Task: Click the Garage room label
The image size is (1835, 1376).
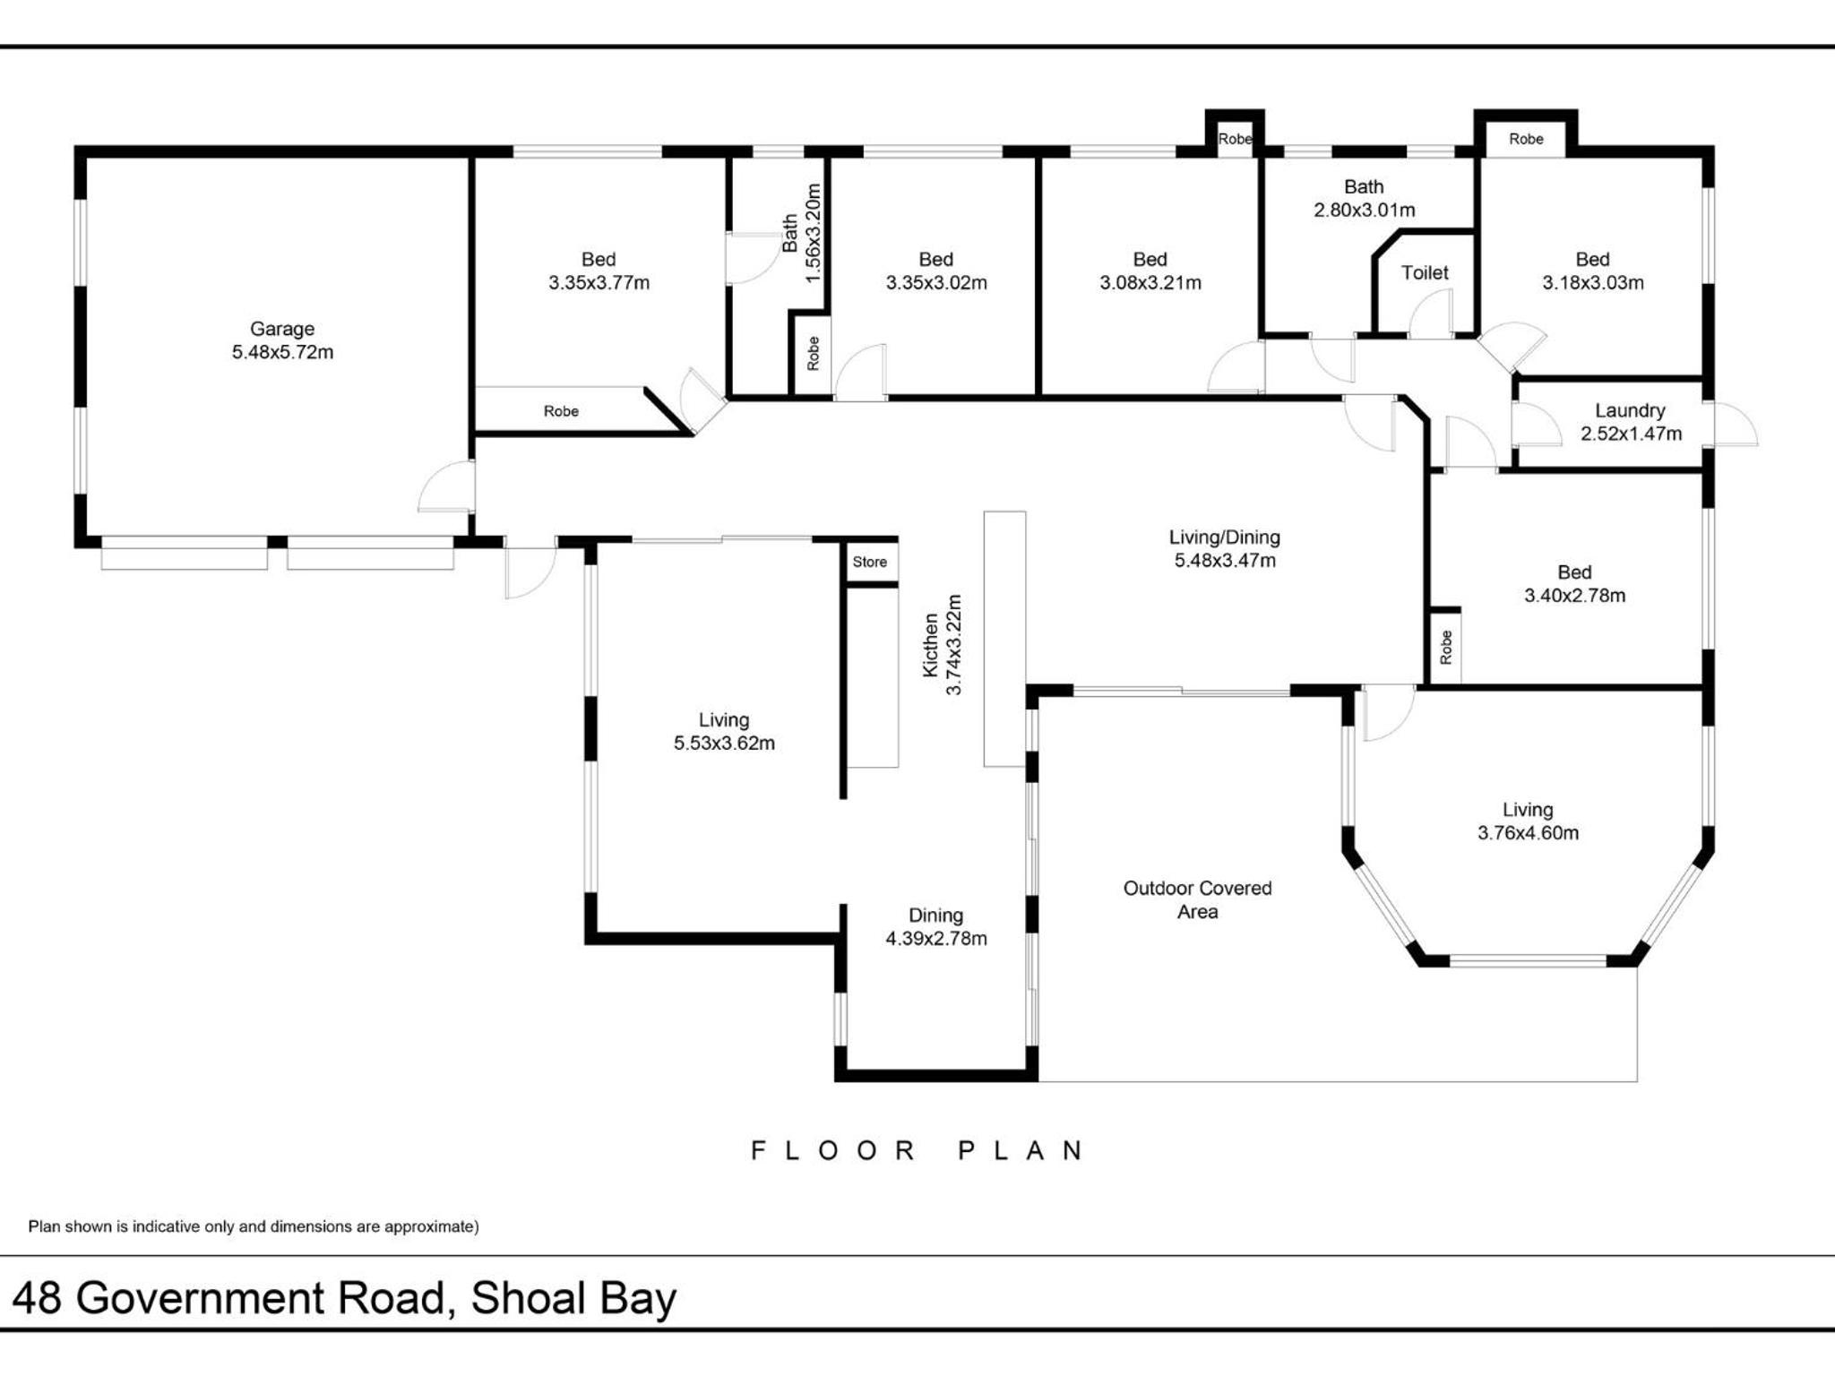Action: (282, 329)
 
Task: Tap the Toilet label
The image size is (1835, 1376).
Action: (1425, 272)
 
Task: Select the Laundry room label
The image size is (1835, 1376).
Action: (1630, 410)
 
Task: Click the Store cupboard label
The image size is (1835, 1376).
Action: (870, 562)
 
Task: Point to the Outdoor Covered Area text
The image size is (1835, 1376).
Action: (1198, 899)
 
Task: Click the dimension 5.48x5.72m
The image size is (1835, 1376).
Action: (282, 352)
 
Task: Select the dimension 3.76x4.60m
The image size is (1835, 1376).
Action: (1528, 832)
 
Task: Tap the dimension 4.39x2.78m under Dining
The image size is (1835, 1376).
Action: (936, 938)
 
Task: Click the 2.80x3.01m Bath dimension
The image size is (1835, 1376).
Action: (1365, 210)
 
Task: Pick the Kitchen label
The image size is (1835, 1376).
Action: (931, 645)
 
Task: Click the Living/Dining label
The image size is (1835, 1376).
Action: (1225, 537)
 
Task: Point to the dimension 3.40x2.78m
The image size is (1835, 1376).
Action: (1574, 595)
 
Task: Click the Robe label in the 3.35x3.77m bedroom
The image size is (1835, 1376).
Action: (561, 411)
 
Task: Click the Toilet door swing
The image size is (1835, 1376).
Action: (1430, 314)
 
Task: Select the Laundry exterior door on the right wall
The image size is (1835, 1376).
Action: (1735, 423)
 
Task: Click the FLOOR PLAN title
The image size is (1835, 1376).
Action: (917, 1150)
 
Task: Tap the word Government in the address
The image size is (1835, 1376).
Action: (261, 1298)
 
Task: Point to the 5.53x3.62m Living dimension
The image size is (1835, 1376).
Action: (724, 743)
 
